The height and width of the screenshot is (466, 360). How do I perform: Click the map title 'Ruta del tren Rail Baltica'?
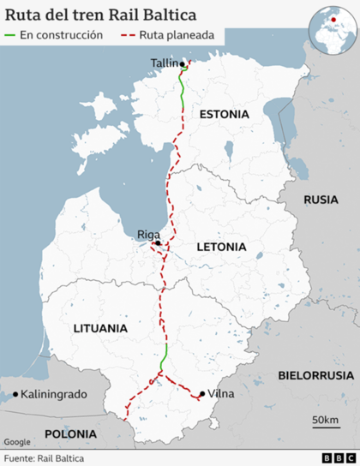pyautogui.click(x=100, y=15)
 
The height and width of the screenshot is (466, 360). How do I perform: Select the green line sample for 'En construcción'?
pyautogui.click(x=11, y=36)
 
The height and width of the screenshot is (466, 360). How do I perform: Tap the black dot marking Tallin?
pyautogui.click(x=182, y=63)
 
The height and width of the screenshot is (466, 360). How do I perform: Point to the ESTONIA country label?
pyautogui.click(x=224, y=114)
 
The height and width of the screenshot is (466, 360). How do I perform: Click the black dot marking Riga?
pyautogui.click(x=158, y=243)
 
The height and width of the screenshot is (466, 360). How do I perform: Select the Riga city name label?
pyautogui.click(x=147, y=233)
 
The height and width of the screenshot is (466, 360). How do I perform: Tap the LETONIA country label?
pyautogui.click(x=221, y=247)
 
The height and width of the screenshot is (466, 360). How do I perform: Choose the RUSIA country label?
pyautogui.click(x=321, y=200)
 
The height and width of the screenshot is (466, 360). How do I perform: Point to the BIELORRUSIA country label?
pyautogui.click(x=315, y=375)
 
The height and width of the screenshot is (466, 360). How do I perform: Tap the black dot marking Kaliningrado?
pyautogui.click(x=16, y=394)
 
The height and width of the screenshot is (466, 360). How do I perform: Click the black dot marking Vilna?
pyautogui.click(x=201, y=394)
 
